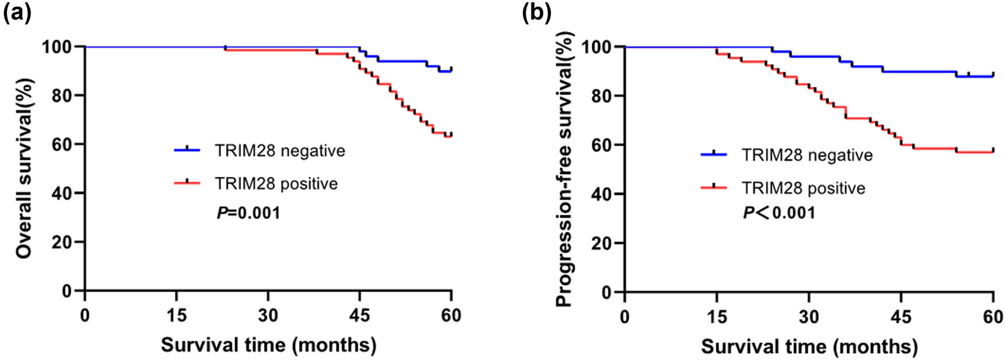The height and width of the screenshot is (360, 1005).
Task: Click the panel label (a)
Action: click(x=17, y=13)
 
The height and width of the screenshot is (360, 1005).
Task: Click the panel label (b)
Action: click(x=536, y=13)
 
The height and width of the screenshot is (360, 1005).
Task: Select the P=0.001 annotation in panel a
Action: click(x=249, y=213)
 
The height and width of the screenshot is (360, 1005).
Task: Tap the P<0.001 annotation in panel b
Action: click(x=779, y=213)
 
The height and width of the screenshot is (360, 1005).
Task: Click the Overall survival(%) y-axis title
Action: click(x=24, y=168)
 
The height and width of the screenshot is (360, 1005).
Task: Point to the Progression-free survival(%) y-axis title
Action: click(x=565, y=169)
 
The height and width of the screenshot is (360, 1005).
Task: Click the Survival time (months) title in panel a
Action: click(x=269, y=345)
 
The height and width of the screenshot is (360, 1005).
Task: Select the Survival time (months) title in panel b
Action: click(x=809, y=346)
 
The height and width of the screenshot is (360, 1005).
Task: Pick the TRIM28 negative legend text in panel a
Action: click(x=280, y=150)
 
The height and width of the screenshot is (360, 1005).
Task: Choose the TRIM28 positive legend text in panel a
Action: click(x=276, y=184)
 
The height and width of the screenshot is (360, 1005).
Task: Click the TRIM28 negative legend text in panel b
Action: click(x=807, y=155)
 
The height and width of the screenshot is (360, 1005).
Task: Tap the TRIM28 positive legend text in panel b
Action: click(x=803, y=188)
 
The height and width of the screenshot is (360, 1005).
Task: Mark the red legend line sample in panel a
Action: click(x=187, y=183)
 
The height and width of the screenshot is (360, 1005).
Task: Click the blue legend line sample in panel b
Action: click(x=714, y=154)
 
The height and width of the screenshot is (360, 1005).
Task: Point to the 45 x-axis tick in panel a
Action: click(x=359, y=315)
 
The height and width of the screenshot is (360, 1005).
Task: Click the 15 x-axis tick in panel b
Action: click(x=717, y=317)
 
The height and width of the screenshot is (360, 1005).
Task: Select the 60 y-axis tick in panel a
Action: click(x=62, y=144)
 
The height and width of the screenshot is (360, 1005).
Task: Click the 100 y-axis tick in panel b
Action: click(x=597, y=47)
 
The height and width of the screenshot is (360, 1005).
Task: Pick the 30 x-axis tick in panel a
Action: click(x=268, y=315)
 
